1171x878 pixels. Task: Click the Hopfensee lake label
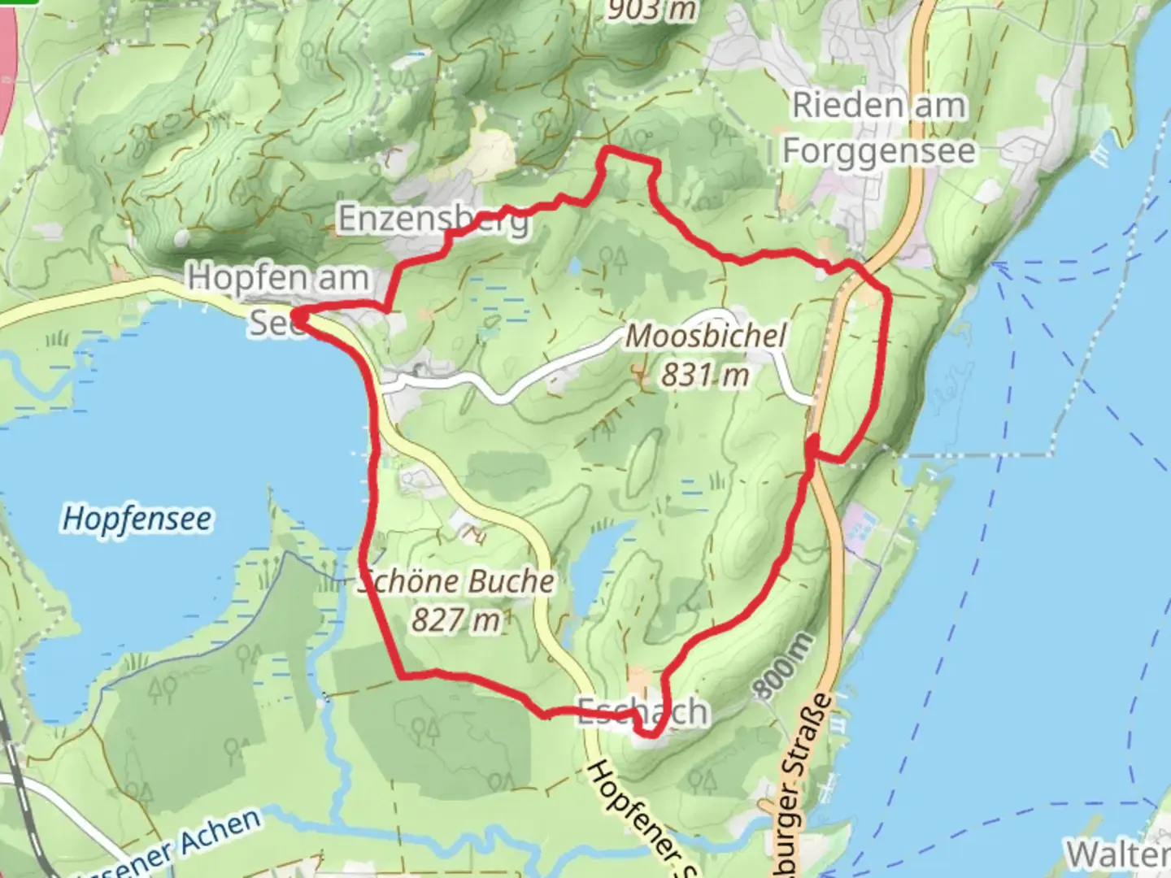coord(137,519)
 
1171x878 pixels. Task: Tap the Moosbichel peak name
coord(705,336)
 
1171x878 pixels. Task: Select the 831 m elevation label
coord(704,375)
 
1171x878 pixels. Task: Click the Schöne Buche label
coord(458,581)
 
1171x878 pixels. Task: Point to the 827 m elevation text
coord(455,620)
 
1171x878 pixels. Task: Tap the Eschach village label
coord(642,712)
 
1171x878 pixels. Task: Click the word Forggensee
coord(878,151)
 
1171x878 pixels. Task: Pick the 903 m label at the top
coord(651,10)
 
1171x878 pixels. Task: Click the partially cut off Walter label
coord(1118,854)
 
